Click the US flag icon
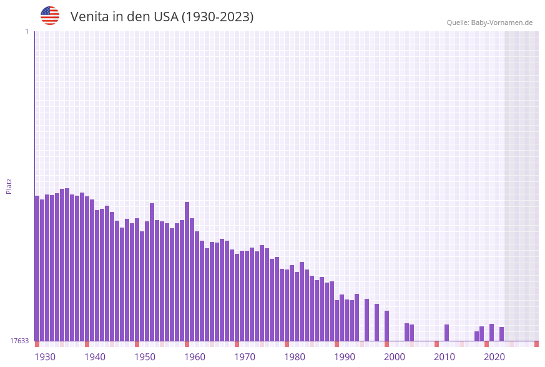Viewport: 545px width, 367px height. (50, 16)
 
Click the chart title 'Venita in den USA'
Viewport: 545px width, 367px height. (162, 17)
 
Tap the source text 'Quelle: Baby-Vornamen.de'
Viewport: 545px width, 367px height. (489, 23)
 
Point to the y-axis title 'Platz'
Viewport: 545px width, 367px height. (9, 186)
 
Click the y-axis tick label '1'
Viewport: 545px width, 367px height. (26, 31)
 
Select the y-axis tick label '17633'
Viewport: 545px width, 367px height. (19, 341)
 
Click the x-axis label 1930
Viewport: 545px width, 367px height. (45, 357)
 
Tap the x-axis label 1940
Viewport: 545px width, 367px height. (95, 357)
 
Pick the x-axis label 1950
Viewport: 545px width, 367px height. (145, 357)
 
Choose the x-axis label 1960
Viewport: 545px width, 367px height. (195, 357)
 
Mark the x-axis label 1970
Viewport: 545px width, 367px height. (245, 357)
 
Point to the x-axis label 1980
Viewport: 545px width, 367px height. (295, 357)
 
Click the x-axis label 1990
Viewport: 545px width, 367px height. (345, 357)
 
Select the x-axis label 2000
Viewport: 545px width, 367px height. (395, 357)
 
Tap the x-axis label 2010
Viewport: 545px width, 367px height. (444, 357)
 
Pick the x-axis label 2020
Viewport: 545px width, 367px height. (494, 357)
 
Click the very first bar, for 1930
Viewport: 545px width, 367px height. (37, 269)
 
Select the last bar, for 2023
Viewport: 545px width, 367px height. (501, 334)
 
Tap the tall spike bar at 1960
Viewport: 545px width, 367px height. (187, 271)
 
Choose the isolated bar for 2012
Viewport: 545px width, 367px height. (446, 333)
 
